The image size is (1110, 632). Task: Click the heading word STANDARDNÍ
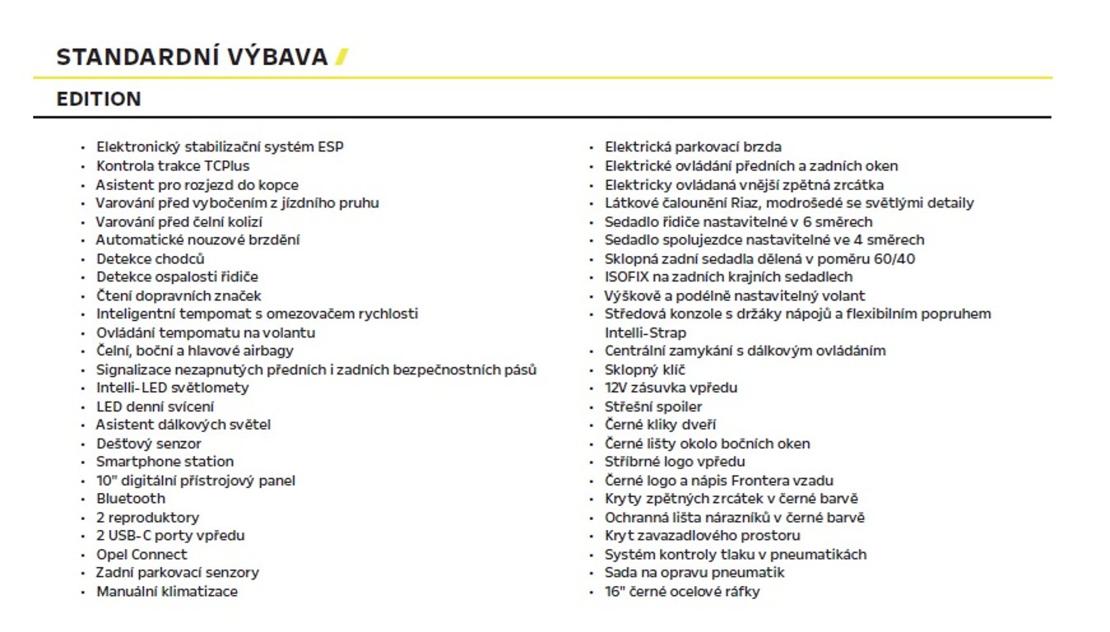(x=120, y=58)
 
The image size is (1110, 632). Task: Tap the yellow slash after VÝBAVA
(x=341, y=58)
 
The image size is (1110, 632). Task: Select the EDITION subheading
(x=99, y=100)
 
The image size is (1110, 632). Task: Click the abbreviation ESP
(x=330, y=147)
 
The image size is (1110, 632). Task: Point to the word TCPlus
(x=227, y=166)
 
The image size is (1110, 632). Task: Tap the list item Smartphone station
(x=165, y=462)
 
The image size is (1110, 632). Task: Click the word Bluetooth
(x=131, y=499)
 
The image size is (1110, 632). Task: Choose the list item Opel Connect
(x=142, y=554)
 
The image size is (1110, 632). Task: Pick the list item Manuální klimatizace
(x=167, y=591)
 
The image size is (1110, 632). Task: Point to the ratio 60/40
(x=893, y=258)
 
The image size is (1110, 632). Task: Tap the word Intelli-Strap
(x=645, y=332)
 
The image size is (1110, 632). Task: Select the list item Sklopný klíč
(x=644, y=369)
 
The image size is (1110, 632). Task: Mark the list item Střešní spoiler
(x=653, y=407)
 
